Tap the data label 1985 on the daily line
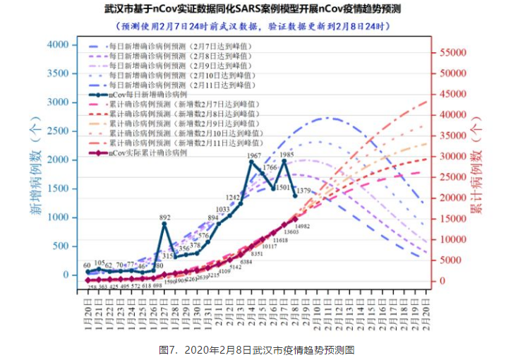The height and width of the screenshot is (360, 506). pyautogui.click(x=287, y=154)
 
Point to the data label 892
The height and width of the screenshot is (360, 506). pyautogui.click(x=164, y=217)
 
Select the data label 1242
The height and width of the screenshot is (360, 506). pyautogui.click(x=234, y=197)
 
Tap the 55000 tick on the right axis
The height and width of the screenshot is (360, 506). pyautogui.click(x=449, y=52)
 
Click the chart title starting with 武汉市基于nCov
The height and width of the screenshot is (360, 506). pyautogui.click(x=252, y=10)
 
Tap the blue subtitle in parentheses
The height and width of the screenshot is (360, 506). pyautogui.click(x=252, y=25)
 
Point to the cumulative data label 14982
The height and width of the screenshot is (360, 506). pyautogui.click(x=303, y=225)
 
